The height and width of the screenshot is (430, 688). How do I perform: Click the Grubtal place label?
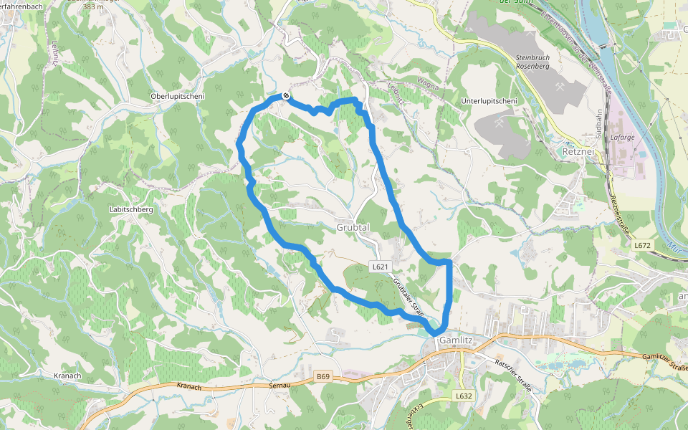click(353, 227)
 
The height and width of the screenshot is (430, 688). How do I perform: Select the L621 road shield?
click(380, 267)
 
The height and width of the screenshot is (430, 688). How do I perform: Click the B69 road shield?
click(323, 376)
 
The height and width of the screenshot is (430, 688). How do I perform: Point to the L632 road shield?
click(464, 396)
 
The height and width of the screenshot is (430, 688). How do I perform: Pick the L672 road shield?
click(643, 245)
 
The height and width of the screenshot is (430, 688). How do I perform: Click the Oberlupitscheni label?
click(178, 97)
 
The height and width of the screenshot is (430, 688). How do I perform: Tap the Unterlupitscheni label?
click(489, 101)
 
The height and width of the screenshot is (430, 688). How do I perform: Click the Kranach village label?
click(67, 376)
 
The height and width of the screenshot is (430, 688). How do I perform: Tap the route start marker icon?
click(286, 95)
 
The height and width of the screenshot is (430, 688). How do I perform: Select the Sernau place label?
click(277, 386)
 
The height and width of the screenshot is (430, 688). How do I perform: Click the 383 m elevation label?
click(93, 6)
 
